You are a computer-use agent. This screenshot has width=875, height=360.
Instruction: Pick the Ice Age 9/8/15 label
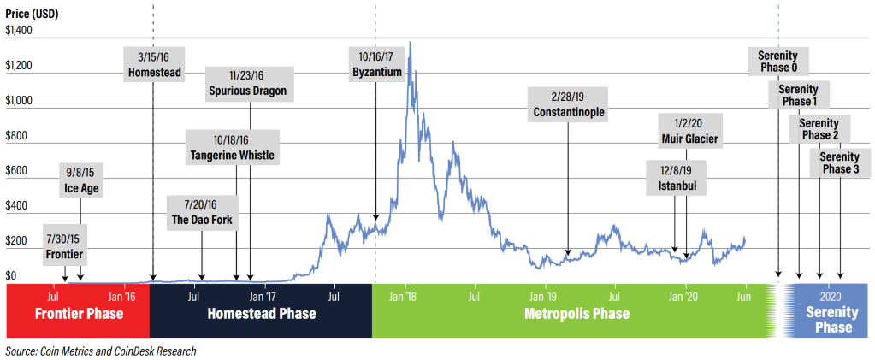click(80, 180)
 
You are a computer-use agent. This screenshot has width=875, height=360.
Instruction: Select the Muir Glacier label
click(689, 131)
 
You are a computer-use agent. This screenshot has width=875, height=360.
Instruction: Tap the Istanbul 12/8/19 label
click(677, 177)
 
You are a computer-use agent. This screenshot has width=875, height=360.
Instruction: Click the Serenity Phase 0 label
click(777, 62)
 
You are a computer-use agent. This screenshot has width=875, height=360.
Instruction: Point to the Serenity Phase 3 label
click(840, 162)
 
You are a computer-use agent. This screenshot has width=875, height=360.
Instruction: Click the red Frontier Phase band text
click(79, 314)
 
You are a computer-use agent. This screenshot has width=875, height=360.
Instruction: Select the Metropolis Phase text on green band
click(576, 314)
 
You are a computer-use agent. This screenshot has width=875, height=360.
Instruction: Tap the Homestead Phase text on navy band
click(262, 314)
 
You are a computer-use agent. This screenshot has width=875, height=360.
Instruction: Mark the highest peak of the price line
click(411, 42)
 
